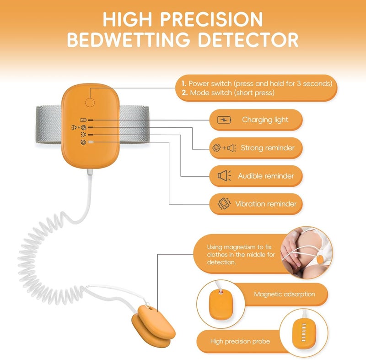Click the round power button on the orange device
tap(90, 103)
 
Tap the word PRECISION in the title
tap(211, 19)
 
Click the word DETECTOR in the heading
tap(248, 39)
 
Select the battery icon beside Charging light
tap(224, 120)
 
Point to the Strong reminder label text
tap(268, 147)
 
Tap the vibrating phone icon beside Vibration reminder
tap(224, 204)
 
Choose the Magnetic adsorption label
tap(284, 294)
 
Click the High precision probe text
tap(240, 341)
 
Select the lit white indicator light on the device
tap(91, 142)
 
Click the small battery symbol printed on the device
tap(83, 120)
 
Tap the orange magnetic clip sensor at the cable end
tap(153, 327)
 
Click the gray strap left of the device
tap(48, 124)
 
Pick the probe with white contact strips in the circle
tap(303, 333)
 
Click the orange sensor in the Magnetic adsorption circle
tap(221, 305)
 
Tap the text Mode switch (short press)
tap(232, 93)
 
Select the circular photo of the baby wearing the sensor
tap(307, 253)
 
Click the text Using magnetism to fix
tap(239, 247)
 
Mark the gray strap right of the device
tap(134, 124)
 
